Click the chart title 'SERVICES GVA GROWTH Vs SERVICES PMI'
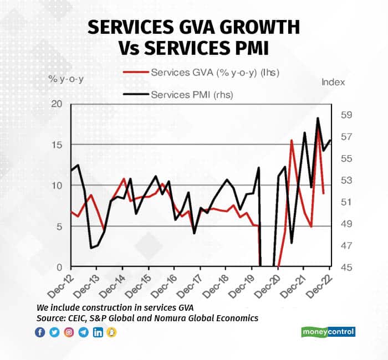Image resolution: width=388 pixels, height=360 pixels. tap(194, 37)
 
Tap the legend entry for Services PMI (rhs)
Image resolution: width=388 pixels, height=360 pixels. tap(191, 95)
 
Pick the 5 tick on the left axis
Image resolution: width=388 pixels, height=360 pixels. tap(57, 227)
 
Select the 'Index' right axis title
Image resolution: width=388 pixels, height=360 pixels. tap(333, 82)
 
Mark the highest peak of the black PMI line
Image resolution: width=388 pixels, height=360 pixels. tap(318, 118)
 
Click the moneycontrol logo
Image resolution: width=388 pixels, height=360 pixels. tap(328, 332)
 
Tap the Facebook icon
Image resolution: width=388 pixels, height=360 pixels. tap(40, 332)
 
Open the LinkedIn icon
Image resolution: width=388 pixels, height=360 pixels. tap(98, 332)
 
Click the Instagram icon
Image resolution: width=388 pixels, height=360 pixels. tap(69, 332)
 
